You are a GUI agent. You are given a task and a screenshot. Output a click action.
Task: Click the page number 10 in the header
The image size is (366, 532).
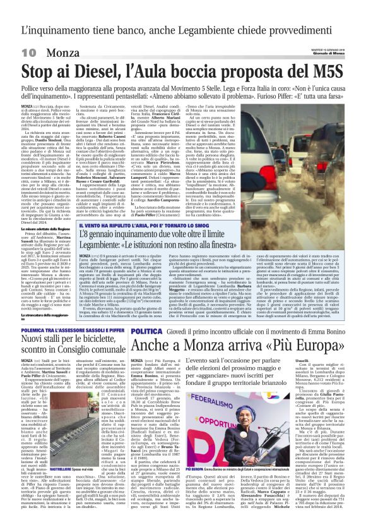point(29,52)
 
